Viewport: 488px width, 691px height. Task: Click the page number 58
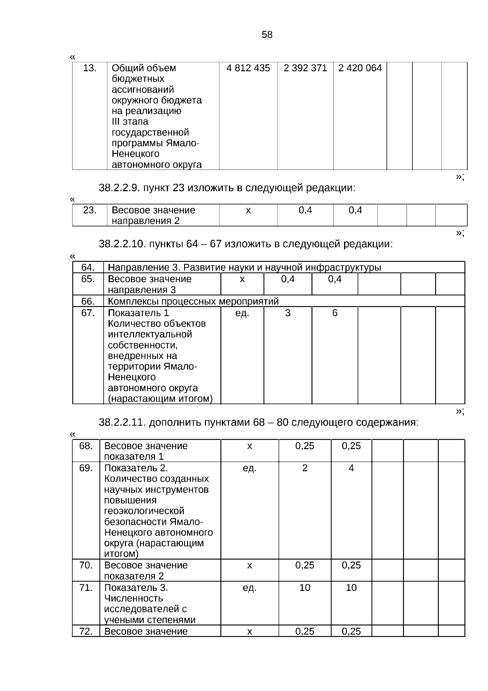pos(267,35)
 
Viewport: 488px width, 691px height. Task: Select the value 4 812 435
pos(248,68)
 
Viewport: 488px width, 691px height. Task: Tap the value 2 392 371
pos(305,68)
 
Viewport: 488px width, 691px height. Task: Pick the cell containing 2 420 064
pos(360,68)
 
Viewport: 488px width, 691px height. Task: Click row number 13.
pos(89,68)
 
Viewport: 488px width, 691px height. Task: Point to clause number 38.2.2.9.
pos(120,188)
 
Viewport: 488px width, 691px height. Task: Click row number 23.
pos(89,211)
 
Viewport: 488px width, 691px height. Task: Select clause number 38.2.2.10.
pos(122,244)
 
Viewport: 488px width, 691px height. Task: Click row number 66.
pos(88,301)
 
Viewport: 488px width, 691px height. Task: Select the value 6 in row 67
pos(335,313)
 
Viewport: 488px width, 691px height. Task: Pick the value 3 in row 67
pos(288,313)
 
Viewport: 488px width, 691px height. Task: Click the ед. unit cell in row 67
pos(242,313)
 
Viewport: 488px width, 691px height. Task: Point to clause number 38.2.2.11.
pos(122,423)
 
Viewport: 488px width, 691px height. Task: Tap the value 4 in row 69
pos(351,468)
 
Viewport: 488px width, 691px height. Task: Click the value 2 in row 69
pos(305,468)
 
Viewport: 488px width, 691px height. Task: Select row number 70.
pos(86,566)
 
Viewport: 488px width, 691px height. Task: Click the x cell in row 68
pos(249,446)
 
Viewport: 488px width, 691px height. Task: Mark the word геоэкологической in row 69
pos(144,511)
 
